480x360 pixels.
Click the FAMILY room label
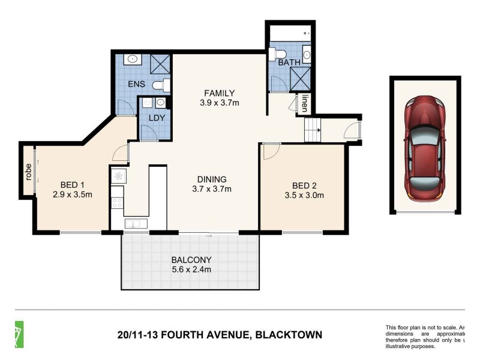tap(218, 93)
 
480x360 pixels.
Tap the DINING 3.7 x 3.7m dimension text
tap(211, 189)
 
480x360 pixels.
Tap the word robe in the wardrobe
tap(28, 172)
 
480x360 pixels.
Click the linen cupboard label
tap(305, 103)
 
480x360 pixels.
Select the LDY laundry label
tap(155, 118)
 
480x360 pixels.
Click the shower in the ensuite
tap(160, 62)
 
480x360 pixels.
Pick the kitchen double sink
tap(135, 224)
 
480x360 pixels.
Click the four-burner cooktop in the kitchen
tap(118, 199)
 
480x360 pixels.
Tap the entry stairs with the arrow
tap(313, 129)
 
